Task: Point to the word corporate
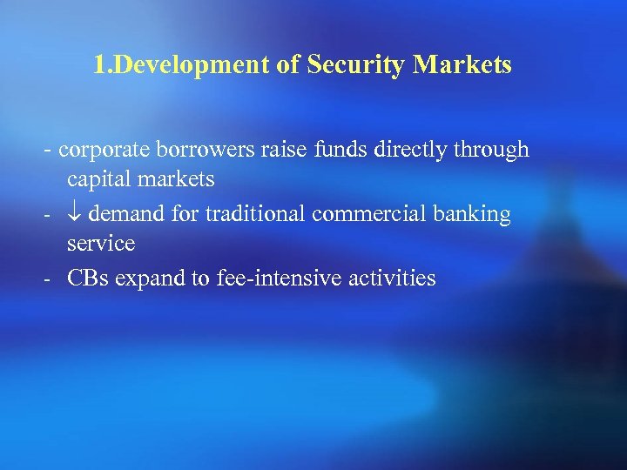(105, 151)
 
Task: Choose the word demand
(125, 214)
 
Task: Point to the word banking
(475, 214)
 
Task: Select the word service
(101, 245)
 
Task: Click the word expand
(153, 279)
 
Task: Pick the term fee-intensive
(273, 278)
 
